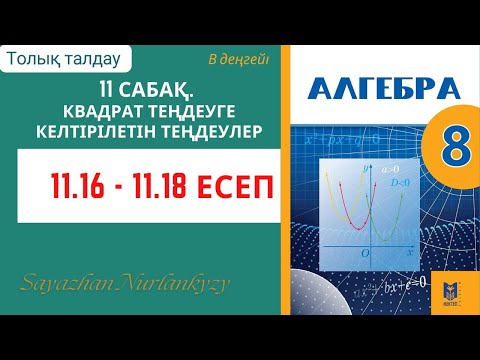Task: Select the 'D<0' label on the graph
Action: pos(390,186)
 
